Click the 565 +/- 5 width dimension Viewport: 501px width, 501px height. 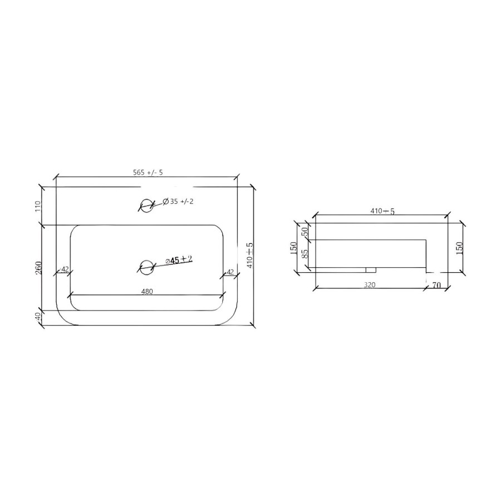148,173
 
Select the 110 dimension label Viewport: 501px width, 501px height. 38,206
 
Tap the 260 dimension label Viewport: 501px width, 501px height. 38,268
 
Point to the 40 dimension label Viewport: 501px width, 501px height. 38,316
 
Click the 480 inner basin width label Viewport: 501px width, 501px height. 147,291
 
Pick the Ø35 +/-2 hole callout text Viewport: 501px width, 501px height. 178,202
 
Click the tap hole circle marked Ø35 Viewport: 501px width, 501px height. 146,205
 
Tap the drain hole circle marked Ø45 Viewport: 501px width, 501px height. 146,267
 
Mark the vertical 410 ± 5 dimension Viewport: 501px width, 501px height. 250,255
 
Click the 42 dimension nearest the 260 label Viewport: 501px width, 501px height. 65,269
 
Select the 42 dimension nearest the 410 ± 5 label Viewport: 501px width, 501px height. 230,272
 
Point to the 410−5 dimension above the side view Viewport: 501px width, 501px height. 382,211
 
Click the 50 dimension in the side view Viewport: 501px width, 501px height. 304,232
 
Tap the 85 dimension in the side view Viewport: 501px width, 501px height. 304,256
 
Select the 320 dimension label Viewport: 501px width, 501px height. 370,285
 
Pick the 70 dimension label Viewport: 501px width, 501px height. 436,286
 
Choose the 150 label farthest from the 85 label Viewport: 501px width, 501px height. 460,247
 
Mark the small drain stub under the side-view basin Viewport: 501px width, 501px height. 370,270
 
